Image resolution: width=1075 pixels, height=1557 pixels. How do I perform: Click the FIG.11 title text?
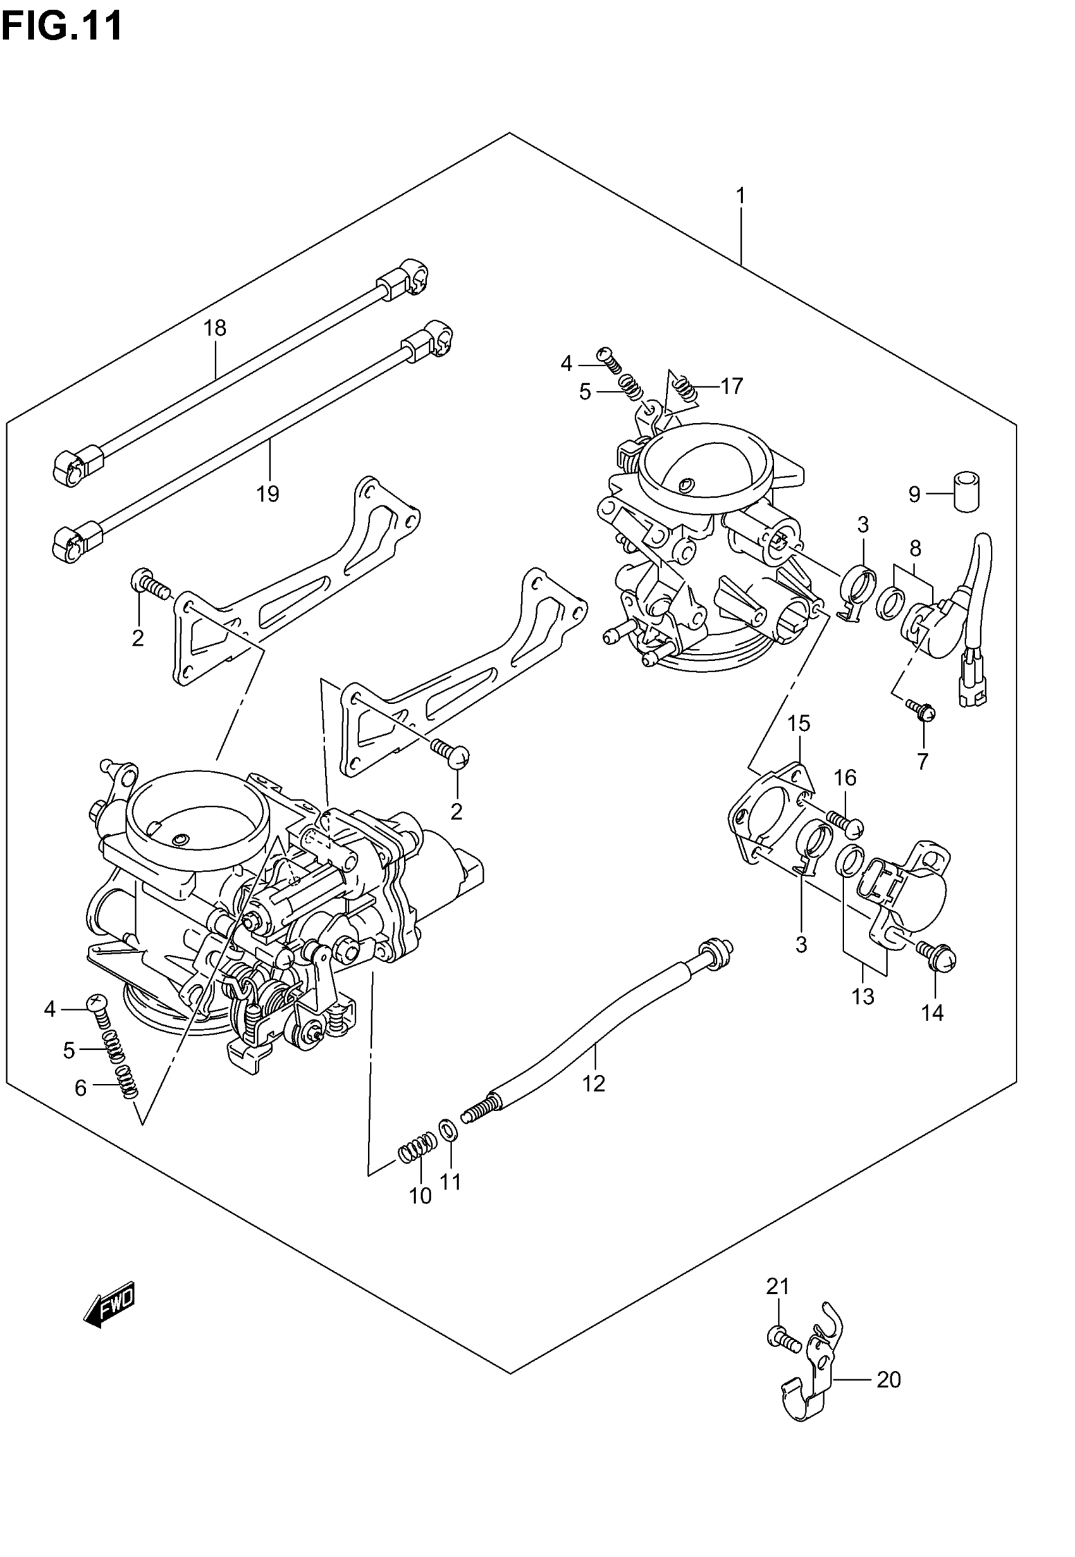(x=62, y=27)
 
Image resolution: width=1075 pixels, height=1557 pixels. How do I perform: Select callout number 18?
(x=215, y=329)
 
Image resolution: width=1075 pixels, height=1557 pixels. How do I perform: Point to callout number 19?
(x=267, y=495)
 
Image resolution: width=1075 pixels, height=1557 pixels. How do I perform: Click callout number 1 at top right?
(x=740, y=197)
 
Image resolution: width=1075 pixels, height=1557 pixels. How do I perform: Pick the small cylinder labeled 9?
(x=967, y=493)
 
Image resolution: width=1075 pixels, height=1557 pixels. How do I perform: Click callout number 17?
(x=732, y=386)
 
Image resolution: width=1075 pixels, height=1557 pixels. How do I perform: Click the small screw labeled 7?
(x=920, y=710)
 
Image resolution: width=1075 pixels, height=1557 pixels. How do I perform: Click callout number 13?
(x=863, y=996)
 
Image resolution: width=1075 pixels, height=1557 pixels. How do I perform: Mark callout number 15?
(x=799, y=724)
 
